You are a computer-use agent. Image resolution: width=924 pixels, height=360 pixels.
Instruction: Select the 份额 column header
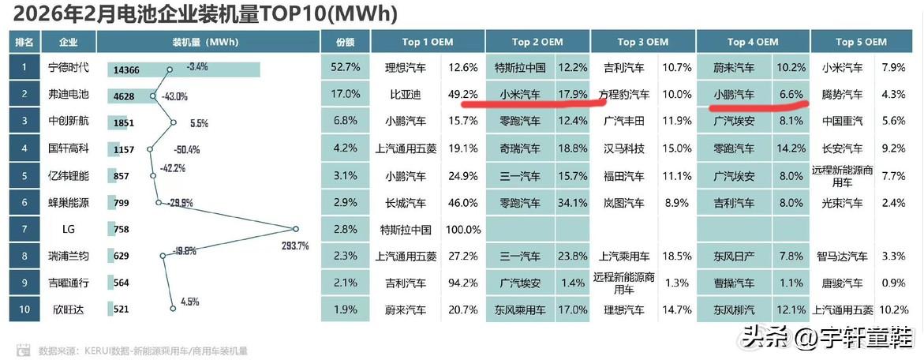(x=345, y=42)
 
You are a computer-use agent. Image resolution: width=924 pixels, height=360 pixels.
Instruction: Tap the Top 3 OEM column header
(x=642, y=42)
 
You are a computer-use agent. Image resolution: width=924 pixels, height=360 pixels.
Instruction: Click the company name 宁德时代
(x=69, y=69)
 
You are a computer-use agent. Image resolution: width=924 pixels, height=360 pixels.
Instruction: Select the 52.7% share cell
(x=345, y=68)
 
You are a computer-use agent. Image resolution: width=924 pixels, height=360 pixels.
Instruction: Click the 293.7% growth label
(x=294, y=246)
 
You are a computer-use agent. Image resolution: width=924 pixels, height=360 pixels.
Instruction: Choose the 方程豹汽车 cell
(x=624, y=95)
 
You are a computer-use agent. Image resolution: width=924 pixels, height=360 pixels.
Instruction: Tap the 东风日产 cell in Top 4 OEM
(x=733, y=257)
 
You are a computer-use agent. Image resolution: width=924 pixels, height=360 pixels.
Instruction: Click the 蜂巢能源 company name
(x=69, y=203)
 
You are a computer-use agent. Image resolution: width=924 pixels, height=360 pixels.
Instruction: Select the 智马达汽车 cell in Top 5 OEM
(x=842, y=257)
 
